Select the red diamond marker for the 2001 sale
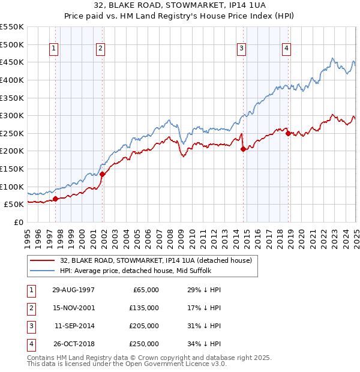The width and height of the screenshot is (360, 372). coord(102,174)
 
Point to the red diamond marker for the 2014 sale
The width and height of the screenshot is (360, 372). coord(243,149)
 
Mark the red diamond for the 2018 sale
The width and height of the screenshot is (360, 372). coord(288,133)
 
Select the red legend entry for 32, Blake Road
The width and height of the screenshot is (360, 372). coord(159,260)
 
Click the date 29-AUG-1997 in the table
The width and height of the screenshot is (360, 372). coord(74,290)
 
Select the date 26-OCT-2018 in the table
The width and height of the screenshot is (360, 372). coord(74,344)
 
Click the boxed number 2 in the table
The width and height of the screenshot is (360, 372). coord(29,308)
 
